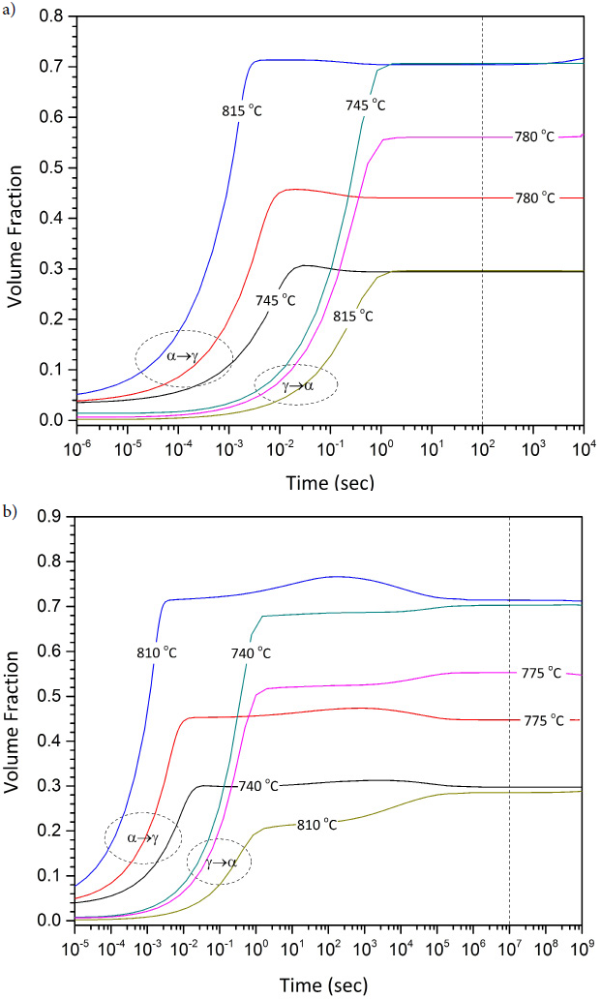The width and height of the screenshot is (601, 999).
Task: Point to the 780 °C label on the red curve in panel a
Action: [x=534, y=198]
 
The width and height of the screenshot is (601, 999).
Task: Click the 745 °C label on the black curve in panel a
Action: [x=274, y=299]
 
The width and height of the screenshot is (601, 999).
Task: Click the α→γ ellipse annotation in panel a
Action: [x=183, y=357]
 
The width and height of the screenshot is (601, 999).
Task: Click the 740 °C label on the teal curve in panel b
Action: [x=252, y=652]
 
